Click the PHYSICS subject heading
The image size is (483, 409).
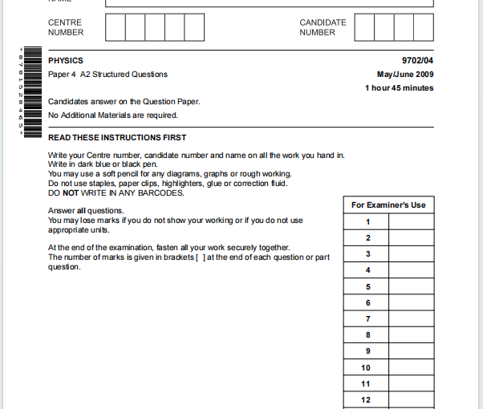pos(65,61)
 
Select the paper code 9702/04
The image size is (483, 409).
pos(417,61)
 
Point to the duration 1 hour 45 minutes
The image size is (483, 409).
pos(399,88)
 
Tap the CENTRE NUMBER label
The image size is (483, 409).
pos(65,27)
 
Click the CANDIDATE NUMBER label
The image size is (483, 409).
pos(323,27)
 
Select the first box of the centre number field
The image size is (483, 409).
pos(115,27)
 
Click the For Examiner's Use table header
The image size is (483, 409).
pos(388,205)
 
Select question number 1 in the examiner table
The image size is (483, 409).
pos(367,222)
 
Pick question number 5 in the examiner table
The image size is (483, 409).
pos(367,287)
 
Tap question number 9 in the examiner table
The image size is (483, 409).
pos(367,351)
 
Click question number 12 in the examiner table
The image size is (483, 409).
pos(367,399)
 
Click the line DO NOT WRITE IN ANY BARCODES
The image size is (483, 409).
pos(116,193)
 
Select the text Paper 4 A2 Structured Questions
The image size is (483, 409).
pos(108,75)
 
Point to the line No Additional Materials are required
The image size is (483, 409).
pos(113,115)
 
